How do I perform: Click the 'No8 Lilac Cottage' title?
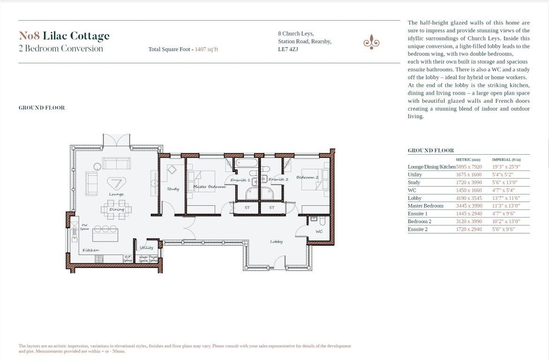(64, 36)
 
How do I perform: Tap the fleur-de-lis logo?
(371, 42)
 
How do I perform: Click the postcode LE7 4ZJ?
(288, 49)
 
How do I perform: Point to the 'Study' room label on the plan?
(173, 189)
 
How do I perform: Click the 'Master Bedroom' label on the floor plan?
(209, 187)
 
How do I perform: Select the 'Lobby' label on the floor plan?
(276, 241)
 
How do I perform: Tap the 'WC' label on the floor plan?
(319, 231)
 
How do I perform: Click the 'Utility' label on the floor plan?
(146, 247)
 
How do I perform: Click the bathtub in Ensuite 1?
(246, 164)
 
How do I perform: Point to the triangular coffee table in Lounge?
(116, 183)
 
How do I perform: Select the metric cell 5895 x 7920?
(469, 166)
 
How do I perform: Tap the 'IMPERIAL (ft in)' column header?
(506, 159)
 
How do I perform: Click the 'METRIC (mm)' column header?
(468, 159)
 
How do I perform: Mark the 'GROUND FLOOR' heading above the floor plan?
(42, 108)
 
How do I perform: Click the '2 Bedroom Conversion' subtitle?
(60, 48)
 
